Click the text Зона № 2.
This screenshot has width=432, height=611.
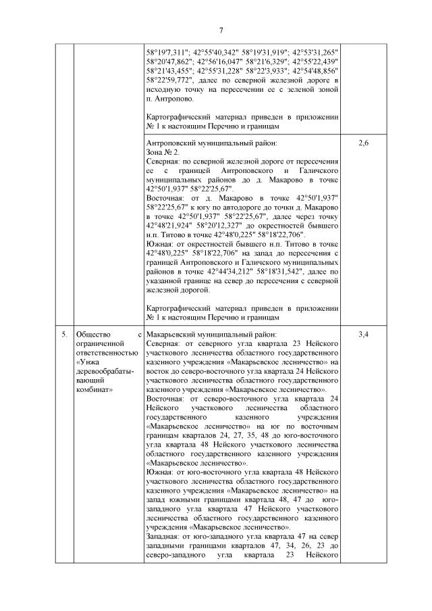tap(162, 153)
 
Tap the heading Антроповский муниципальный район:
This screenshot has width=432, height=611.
tap(211, 144)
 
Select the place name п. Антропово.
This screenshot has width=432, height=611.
tap(169, 98)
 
